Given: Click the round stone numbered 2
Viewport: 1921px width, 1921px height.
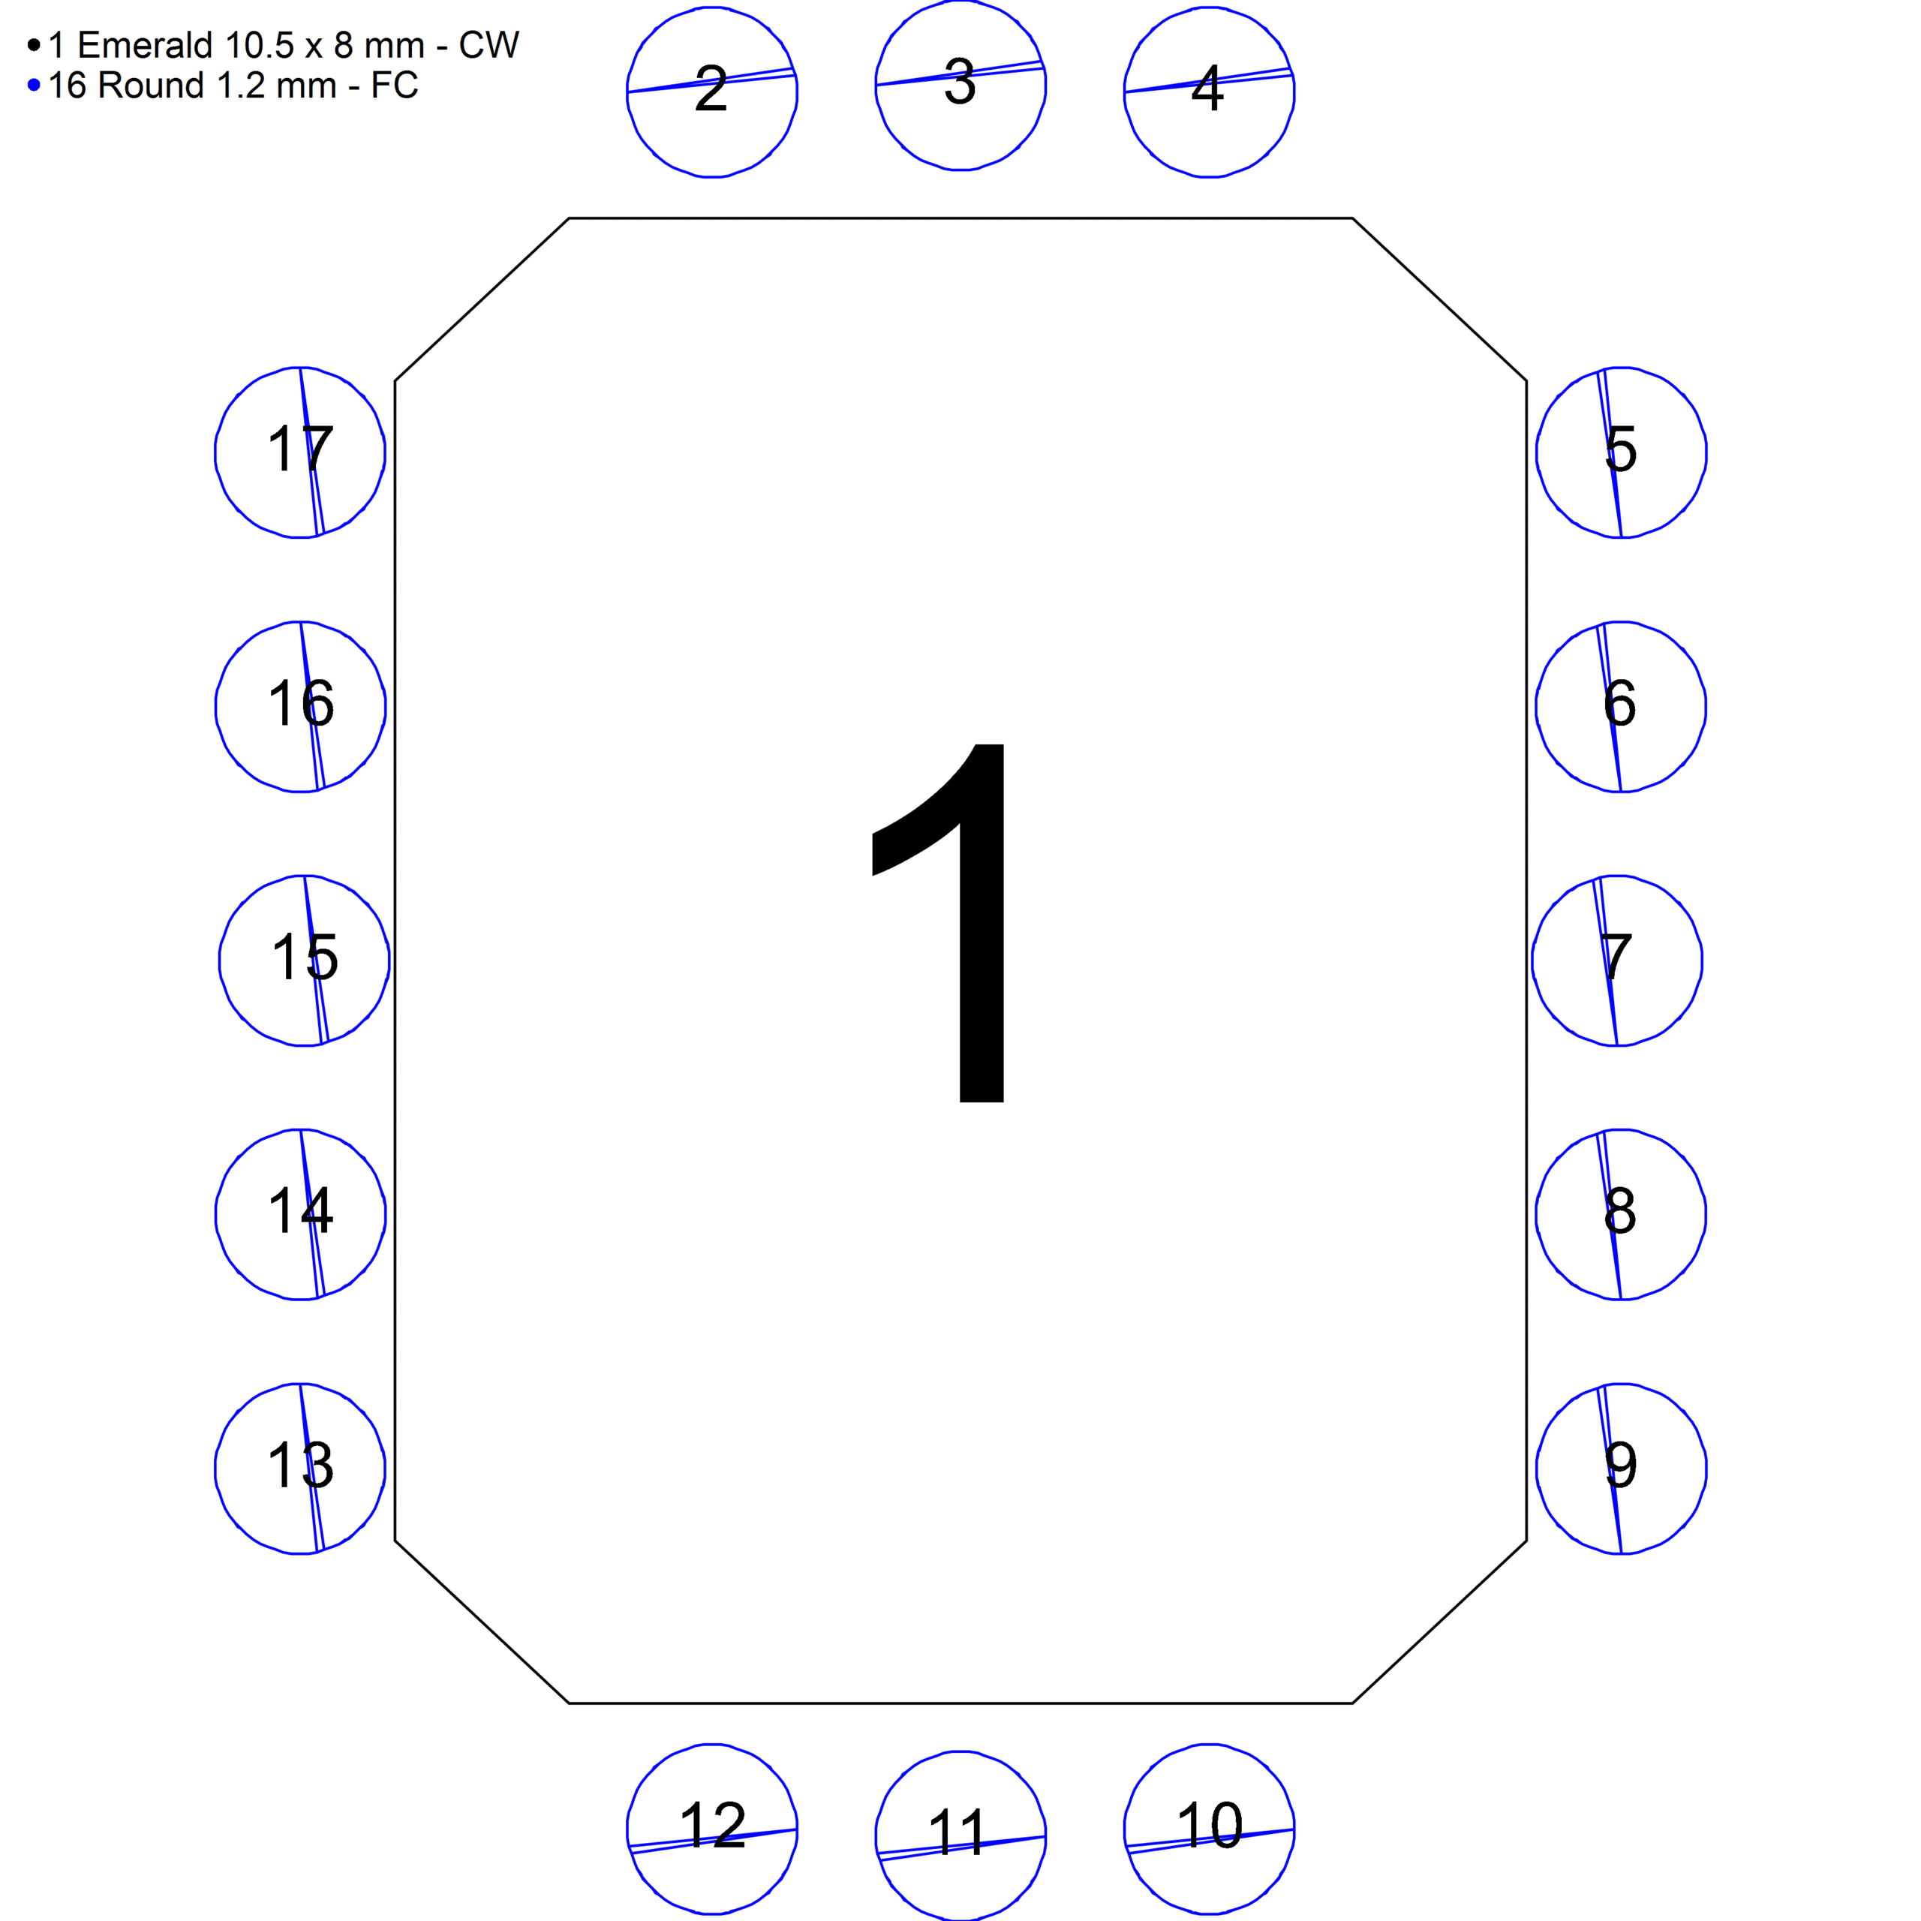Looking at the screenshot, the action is click(x=712, y=92).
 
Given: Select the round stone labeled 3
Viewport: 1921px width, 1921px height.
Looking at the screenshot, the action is click(x=960, y=85).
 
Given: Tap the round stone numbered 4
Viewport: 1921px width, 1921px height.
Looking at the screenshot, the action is click(x=1209, y=92).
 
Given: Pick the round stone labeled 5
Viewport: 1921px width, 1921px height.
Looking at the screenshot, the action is click(x=1622, y=452).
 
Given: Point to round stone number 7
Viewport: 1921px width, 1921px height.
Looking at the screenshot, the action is click(x=1618, y=960).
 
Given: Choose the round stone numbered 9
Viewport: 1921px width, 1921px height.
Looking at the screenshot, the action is click(x=1622, y=1469).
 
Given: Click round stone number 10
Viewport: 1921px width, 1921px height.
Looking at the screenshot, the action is click(x=1209, y=1829).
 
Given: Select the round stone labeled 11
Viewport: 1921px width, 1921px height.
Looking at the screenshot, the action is click(x=960, y=1836).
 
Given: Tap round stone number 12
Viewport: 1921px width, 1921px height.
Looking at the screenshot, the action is click(x=712, y=1829).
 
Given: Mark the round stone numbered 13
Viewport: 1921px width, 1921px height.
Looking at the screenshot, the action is click(x=300, y=1469).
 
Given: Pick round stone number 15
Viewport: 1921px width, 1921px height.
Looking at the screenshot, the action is click(x=304, y=960).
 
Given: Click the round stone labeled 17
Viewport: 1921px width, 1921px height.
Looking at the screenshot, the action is click(x=300, y=452).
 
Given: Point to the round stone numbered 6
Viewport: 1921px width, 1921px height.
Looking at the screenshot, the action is click(x=1622, y=707).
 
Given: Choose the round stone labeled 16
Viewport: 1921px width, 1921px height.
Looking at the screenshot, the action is click(x=300, y=707).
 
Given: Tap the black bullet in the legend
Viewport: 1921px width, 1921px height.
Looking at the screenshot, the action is click(x=34, y=45).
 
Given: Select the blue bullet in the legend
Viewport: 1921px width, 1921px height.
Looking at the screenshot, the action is click(x=34, y=86).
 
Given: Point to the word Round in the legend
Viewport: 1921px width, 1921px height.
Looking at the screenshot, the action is click(x=151, y=86).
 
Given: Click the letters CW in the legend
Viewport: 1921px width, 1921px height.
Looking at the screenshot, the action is click(x=489, y=45).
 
